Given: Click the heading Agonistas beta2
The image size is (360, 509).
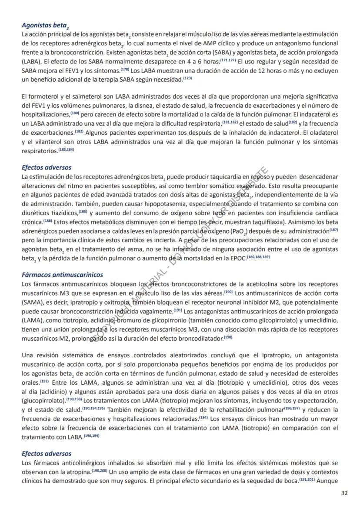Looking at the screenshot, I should [46, 26].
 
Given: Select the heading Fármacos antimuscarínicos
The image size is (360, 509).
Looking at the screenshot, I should [62, 275].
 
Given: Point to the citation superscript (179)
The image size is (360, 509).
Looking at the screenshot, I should [187, 79].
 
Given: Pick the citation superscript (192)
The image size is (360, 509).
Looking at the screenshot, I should [44, 382].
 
